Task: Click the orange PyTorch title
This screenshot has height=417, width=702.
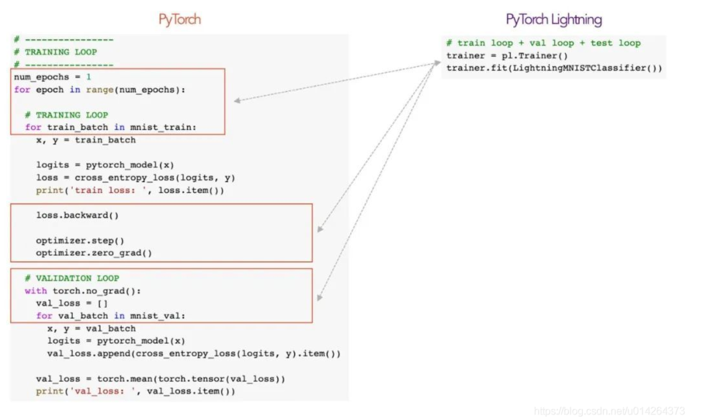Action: pyautogui.click(x=180, y=19)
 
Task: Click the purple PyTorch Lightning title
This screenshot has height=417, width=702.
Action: pyautogui.click(x=554, y=20)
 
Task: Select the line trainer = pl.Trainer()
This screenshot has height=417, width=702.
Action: pyautogui.click(x=507, y=55)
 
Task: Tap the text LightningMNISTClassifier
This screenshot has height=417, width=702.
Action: pyautogui.click(x=579, y=68)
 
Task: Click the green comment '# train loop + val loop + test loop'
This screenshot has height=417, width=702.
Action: pyautogui.click(x=543, y=43)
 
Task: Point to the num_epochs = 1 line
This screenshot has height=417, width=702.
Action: pyautogui.click(x=52, y=77)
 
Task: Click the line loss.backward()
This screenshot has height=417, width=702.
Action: pyautogui.click(x=77, y=215)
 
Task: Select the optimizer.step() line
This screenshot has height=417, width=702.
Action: pyautogui.click(x=80, y=240)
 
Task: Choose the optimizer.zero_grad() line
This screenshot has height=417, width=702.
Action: pyautogui.click(x=94, y=253)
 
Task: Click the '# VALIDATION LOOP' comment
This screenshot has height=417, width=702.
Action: pyautogui.click(x=72, y=278)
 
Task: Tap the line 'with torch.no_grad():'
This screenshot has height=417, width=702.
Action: pyautogui.click(x=83, y=291)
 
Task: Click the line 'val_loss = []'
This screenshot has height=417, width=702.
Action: pyautogui.click(x=72, y=303)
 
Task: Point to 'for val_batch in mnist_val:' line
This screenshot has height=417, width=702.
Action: pyautogui.click(x=110, y=316)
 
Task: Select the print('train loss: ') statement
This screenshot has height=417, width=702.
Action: pyautogui.click(x=130, y=190)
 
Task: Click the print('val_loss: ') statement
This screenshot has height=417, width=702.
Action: pyautogui.click(x=135, y=391)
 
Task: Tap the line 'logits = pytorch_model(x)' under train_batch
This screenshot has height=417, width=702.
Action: pyautogui.click(x=105, y=165)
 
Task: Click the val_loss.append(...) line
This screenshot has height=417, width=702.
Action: pyautogui.click(x=194, y=353)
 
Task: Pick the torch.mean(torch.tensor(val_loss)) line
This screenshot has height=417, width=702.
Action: pyautogui.click(x=160, y=379)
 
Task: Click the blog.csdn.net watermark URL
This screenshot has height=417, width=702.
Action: pyautogui.click(x=609, y=411)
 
